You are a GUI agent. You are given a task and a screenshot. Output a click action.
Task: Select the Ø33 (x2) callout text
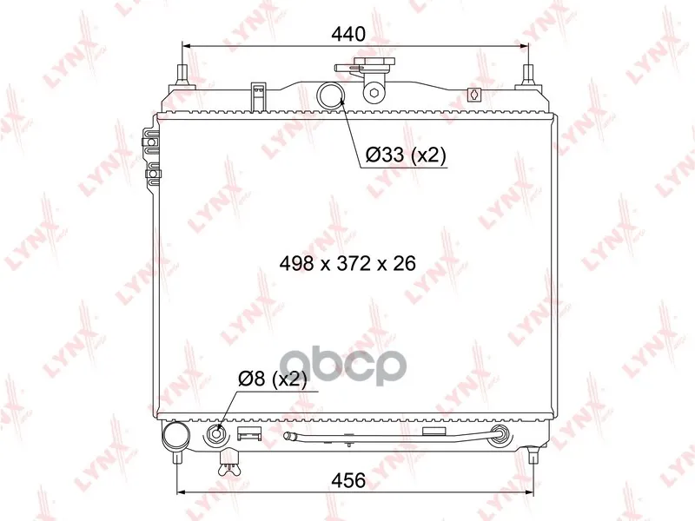point(405,155)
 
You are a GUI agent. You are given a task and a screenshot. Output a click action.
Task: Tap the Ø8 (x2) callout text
point(272,379)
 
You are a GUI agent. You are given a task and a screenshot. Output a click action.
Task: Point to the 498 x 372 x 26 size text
point(347,264)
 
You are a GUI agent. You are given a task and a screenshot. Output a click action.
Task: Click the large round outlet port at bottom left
point(176,437)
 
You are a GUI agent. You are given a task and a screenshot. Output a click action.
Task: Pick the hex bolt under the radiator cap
point(374,94)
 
